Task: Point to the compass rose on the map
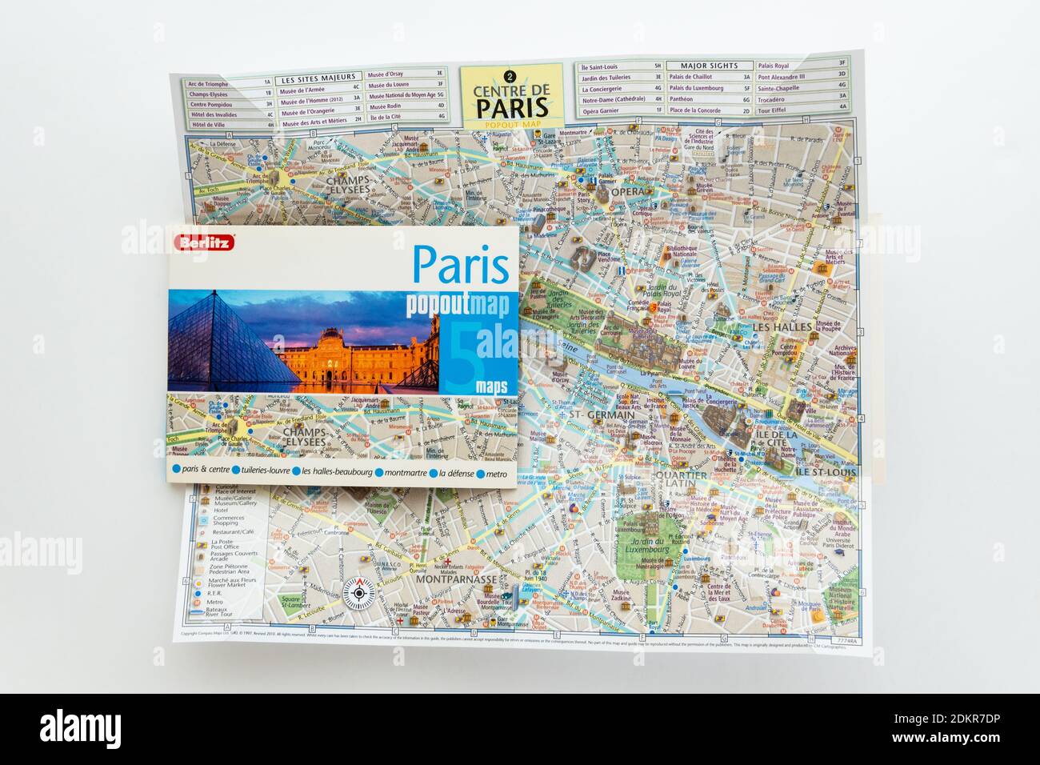[x=358, y=593]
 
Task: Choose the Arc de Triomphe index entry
[x=208, y=83]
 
